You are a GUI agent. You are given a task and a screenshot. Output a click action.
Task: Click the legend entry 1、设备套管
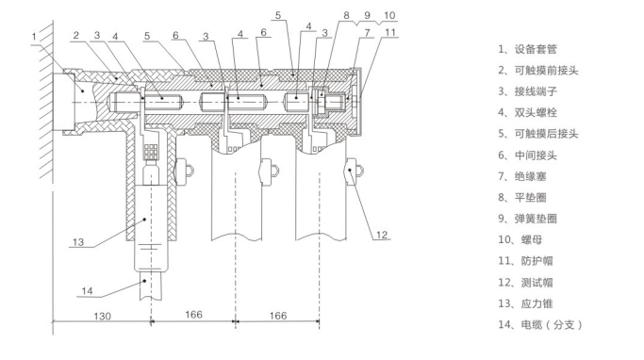[527, 49]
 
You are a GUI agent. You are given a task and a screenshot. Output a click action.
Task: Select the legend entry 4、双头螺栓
[527, 112]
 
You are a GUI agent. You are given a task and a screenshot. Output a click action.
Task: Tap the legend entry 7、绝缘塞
[522, 176]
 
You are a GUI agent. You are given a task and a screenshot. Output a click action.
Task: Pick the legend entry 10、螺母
[520, 239]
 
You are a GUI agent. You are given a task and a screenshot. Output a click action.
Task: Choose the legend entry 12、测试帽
[525, 283]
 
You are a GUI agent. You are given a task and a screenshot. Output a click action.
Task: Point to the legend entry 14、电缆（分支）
[540, 325]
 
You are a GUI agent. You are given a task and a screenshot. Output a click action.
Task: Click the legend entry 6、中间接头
[527, 155]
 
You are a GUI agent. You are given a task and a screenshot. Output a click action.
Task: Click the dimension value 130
[102, 316]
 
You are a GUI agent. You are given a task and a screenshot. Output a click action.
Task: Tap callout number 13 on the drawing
[78, 242]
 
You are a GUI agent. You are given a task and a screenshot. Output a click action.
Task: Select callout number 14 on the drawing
[87, 291]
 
